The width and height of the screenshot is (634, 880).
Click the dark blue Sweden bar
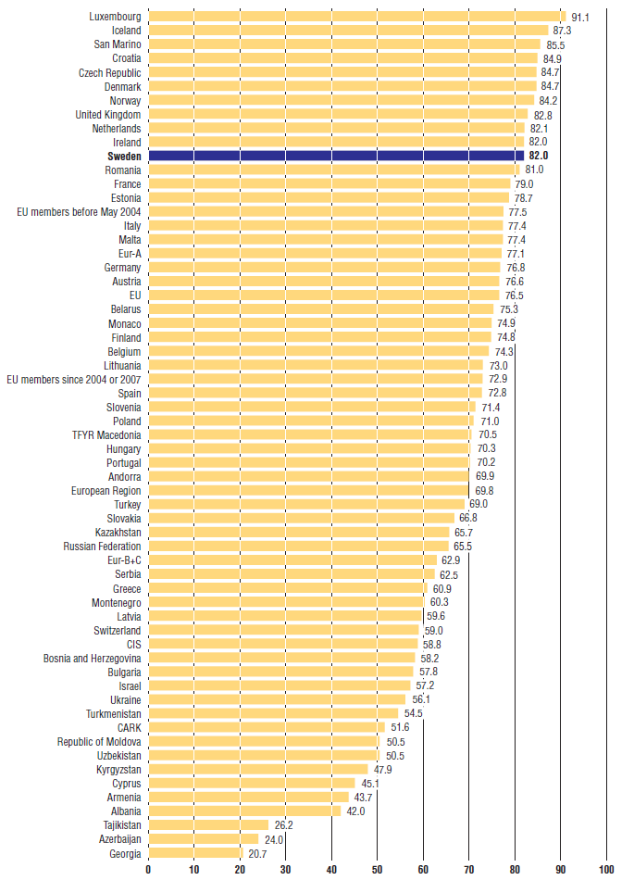pyautogui.click(x=336, y=157)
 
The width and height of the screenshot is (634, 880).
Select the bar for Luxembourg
pyautogui.click(x=356, y=16)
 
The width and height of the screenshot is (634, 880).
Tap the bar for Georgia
pyautogui.click(x=195, y=852)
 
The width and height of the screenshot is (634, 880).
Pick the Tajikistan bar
pyautogui.click(x=208, y=824)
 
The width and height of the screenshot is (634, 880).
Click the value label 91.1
pyautogui.click(x=582, y=17)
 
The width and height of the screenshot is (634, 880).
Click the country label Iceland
pyautogui.click(x=127, y=31)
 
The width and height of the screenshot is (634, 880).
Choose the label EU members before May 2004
pyautogui.click(x=80, y=212)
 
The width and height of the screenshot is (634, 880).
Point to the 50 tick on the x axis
pyautogui.click(x=377, y=870)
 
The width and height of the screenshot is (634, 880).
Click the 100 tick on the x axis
pyautogui.click(x=606, y=870)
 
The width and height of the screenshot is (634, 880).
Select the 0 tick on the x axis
pyautogui.click(x=148, y=870)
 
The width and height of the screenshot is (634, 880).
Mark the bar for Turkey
pyautogui.click(x=306, y=504)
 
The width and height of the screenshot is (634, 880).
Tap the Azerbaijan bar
pyautogui.click(x=204, y=838)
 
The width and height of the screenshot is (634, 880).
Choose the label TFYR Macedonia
pyautogui.click(x=106, y=434)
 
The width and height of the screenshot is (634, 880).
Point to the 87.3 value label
pyautogui.click(x=564, y=31)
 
